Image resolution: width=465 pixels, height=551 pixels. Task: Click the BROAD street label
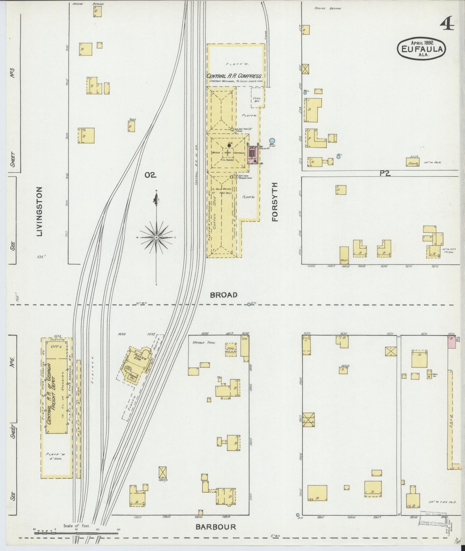224,295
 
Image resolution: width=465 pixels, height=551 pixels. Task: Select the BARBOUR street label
216,527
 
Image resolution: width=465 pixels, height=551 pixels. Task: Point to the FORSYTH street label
274,202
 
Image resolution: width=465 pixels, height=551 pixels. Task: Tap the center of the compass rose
156,237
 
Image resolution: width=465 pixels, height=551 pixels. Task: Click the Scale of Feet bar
76,532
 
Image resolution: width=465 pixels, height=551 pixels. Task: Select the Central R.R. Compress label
235,76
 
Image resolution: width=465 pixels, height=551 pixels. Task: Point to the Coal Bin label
257,99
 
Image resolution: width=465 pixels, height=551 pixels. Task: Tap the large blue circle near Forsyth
272,140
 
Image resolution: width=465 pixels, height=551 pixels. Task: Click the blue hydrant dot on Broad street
249,304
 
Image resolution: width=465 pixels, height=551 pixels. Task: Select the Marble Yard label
203,342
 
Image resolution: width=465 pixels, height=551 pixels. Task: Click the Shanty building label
413,163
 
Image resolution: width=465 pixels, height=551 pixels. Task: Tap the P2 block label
385,173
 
